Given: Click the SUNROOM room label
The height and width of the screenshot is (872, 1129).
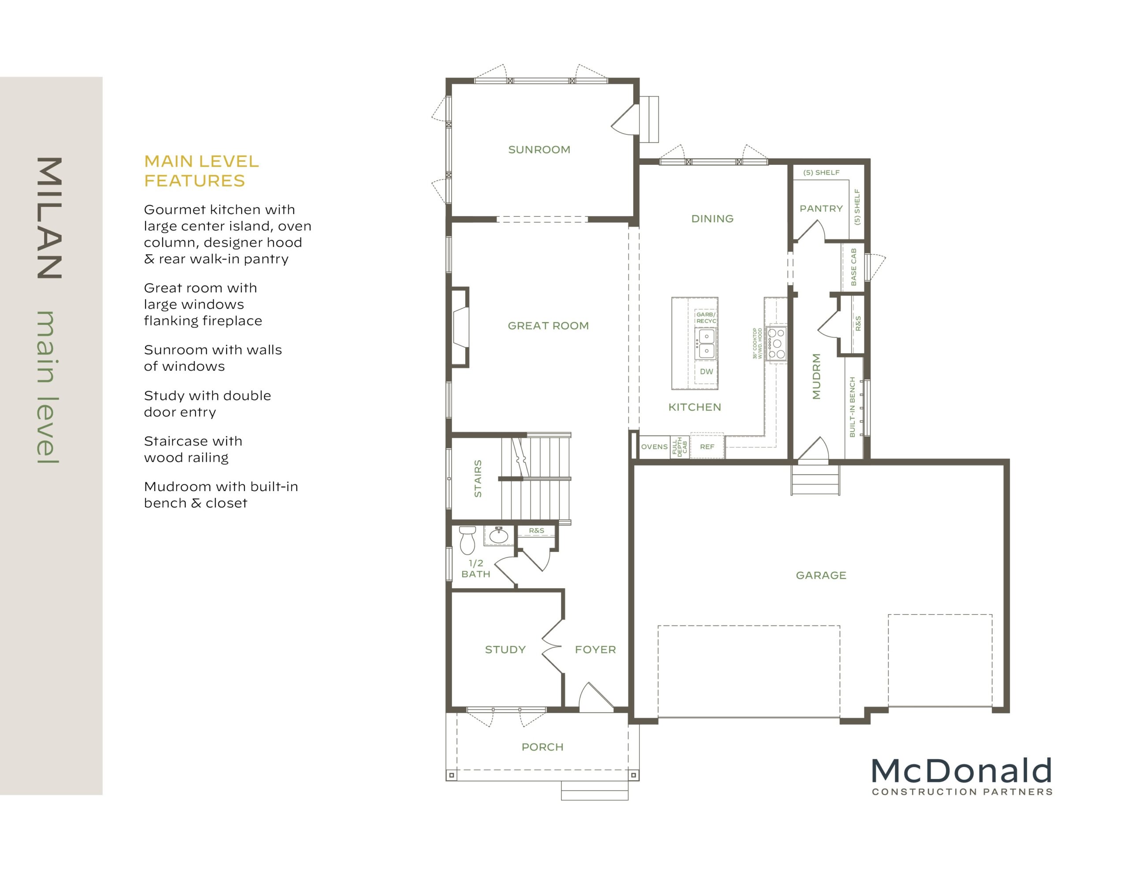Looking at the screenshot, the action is pyautogui.click(x=539, y=150).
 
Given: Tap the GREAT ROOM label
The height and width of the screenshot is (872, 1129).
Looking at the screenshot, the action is pyautogui.click(x=548, y=326).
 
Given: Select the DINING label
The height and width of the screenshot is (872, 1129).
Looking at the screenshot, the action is pyautogui.click(x=712, y=219).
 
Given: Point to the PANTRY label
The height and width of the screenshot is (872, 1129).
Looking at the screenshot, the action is pyautogui.click(x=821, y=209).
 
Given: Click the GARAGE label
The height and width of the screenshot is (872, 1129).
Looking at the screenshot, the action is pyautogui.click(x=821, y=575).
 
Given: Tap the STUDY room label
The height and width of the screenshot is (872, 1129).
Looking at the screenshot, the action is pyautogui.click(x=505, y=650).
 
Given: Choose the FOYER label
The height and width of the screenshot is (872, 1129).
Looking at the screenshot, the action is pyautogui.click(x=595, y=650).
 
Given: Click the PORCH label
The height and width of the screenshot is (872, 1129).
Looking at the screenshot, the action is pyautogui.click(x=542, y=747).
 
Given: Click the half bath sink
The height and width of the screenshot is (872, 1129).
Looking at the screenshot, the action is pyautogui.click(x=499, y=536).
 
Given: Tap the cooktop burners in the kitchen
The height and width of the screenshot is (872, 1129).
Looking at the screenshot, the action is pyautogui.click(x=776, y=344).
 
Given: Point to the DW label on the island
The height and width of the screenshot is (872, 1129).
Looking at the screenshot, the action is pyautogui.click(x=706, y=372).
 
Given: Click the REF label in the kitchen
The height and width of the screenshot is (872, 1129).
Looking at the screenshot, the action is pyautogui.click(x=707, y=447).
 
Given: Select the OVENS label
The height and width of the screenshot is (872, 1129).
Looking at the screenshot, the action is pyautogui.click(x=654, y=447).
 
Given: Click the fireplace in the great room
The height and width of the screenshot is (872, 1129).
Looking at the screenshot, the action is pyautogui.click(x=460, y=327).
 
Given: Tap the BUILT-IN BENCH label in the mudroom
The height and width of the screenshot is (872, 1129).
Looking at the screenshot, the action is pyautogui.click(x=853, y=407).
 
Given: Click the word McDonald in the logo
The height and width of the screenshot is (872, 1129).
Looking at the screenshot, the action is pyautogui.click(x=961, y=771).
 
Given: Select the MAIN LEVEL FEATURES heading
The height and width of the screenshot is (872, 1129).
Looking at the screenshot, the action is pyautogui.click(x=201, y=171).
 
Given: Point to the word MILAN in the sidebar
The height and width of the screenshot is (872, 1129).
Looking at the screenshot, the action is pyautogui.click(x=50, y=218).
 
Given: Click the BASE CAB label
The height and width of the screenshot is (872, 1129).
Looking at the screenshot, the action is pyautogui.click(x=853, y=267).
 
